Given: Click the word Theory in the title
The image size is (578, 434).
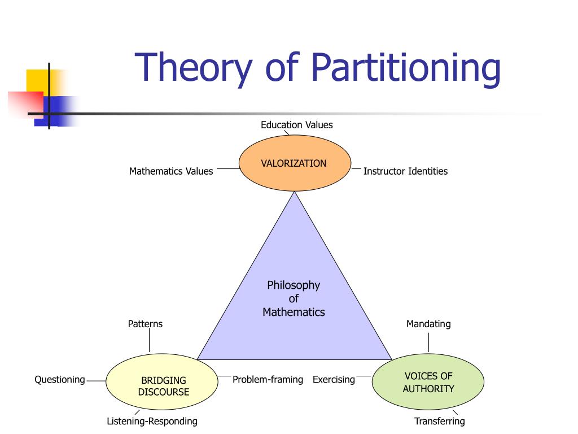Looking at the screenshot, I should [192, 67].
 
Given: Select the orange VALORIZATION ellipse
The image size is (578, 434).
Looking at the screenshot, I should [294, 163].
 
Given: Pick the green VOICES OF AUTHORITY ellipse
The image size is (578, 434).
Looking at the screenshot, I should [428, 383].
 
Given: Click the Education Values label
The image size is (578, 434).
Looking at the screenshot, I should [296, 125].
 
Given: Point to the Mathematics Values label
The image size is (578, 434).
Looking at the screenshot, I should [171, 171].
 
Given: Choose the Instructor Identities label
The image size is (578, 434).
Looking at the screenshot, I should [405, 171].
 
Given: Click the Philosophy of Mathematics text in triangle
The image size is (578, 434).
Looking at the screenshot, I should [294, 298].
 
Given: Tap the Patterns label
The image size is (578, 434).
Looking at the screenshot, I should [145, 324].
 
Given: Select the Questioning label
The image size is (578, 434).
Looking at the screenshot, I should [60, 379].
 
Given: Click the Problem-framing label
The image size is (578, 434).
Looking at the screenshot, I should [268, 379].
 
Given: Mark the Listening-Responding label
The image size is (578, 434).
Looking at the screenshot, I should [152, 421].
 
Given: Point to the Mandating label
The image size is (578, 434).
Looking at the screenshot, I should [428, 324].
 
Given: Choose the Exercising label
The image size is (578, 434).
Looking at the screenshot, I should [334, 379].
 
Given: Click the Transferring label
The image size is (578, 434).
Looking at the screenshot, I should [440, 421].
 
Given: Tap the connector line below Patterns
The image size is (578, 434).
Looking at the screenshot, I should [150, 341].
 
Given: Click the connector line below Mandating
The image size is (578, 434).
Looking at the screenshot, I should [429, 342].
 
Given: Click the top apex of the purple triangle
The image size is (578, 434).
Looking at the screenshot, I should [295, 194].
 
